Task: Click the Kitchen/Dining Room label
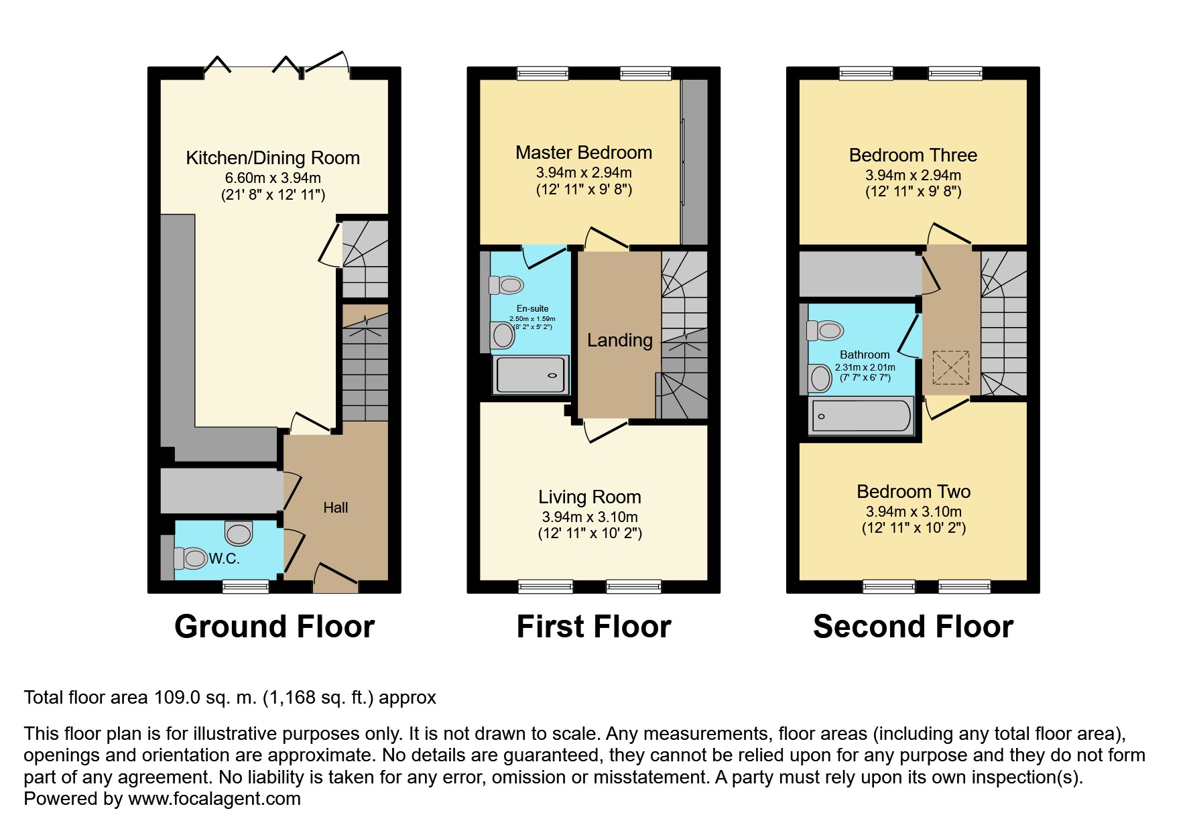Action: click(272, 158)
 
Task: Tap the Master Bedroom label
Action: click(583, 153)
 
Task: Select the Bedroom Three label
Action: click(913, 155)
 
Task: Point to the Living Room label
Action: click(589, 497)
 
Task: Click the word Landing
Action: click(619, 340)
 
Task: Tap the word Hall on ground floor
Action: click(335, 508)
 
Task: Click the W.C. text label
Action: click(224, 558)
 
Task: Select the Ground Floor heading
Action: click(274, 627)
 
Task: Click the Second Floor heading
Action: click(913, 627)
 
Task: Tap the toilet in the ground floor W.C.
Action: click(191, 558)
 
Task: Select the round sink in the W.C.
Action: click(239, 533)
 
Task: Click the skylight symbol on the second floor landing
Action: click(951, 368)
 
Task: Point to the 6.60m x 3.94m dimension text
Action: click(272, 178)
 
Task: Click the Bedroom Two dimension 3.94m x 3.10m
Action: click(913, 511)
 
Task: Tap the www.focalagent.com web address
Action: click(214, 799)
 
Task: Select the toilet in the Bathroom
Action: click(825, 330)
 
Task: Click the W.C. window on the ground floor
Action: click(245, 586)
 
